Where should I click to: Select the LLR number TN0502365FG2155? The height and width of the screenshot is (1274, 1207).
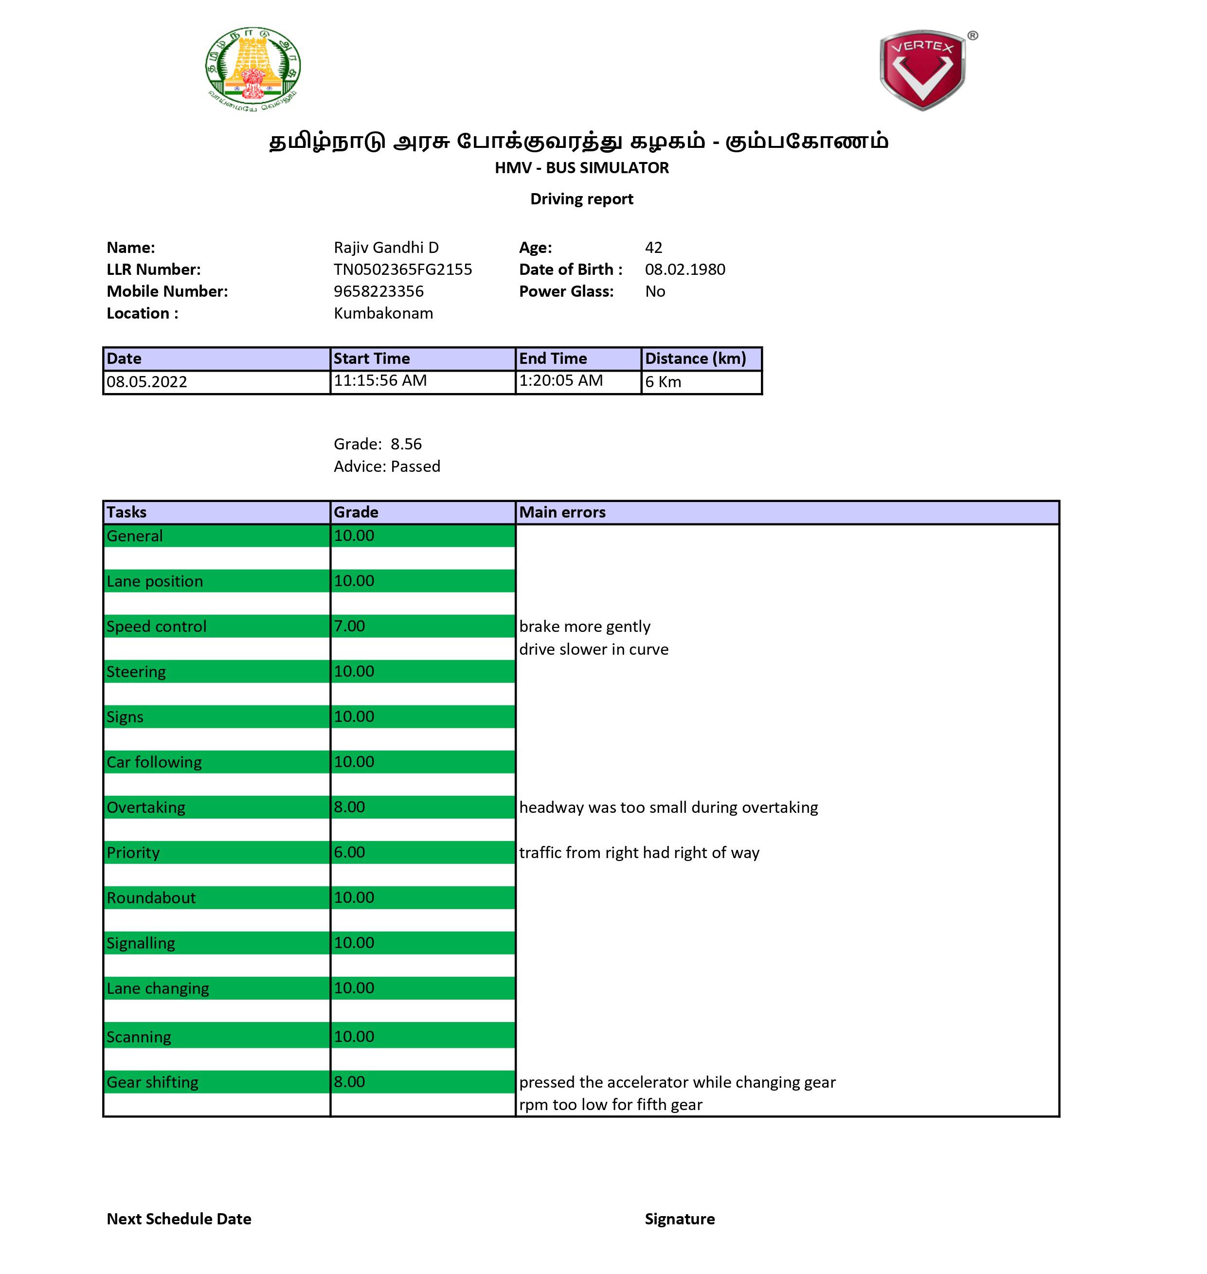pyautogui.click(x=403, y=269)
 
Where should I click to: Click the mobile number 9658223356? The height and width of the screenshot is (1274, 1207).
pyautogui.click(x=378, y=291)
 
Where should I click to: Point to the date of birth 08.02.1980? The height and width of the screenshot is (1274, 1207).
pyautogui.click(x=685, y=269)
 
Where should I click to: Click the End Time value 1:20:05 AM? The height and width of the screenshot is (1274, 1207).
pyautogui.click(x=560, y=381)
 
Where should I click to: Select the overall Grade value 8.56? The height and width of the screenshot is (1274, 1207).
pyautogui.click(x=406, y=444)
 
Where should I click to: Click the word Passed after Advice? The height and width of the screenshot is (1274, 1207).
pyautogui.click(x=415, y=467)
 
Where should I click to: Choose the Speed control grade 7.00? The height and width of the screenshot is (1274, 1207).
pyautogui.click(x=349, y=626)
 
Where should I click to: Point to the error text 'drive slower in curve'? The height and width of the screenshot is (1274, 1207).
pyautogui.click(x=593, y=649)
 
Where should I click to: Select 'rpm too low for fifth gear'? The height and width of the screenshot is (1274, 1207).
pyautogui.click(x=610, y=1105)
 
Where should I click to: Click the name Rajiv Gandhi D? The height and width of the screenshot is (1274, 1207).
pyautogui.click(x=386, y=248)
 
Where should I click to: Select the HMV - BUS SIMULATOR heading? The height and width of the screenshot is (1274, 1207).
pyautogui.click(x=582, y=168)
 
